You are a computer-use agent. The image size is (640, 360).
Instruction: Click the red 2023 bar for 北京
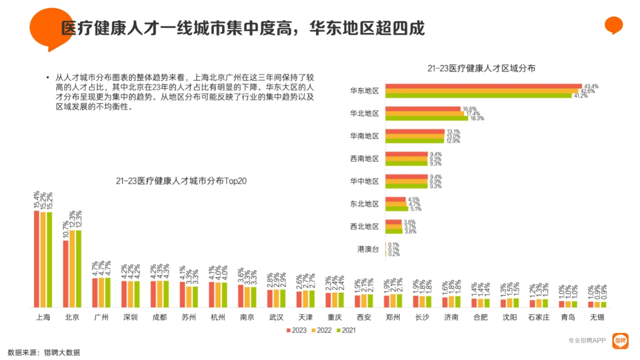[x=66, y=274]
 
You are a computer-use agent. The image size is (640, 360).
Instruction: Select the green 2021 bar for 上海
[x=49, y=259]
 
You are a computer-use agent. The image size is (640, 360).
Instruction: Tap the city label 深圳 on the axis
[x=130, y=317]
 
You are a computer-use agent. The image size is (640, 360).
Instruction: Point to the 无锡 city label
[x=597, y=317]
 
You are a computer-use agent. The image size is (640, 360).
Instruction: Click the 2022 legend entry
[x=321, y=330]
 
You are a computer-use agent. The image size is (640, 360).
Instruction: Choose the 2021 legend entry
[x=345, y=330]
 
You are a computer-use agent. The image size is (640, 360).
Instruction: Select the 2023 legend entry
[x=296, y=330]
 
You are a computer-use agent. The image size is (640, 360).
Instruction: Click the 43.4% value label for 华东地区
[x=591, y=86]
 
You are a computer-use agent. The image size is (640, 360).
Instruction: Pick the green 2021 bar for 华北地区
[x=428, y=118]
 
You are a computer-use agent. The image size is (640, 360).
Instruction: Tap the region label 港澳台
[x=368, y=249]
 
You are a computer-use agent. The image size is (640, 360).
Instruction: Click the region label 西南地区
[x=364, y=158]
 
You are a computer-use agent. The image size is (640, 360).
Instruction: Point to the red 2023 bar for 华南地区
[x=415, y=131]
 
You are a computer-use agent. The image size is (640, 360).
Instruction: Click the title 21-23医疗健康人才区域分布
[x=481, y=68]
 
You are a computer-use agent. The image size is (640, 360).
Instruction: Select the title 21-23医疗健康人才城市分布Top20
[x=181, y=180]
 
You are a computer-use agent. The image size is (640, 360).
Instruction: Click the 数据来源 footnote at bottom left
[x=44, y=352]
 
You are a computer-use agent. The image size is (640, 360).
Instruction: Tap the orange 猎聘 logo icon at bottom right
[x=620, y=340]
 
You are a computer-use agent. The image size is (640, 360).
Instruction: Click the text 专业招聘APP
[x=587, y=340]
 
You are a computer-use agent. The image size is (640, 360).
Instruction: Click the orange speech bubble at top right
[x=613, y=25]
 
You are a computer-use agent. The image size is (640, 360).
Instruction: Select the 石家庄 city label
[x=539, y=317]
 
